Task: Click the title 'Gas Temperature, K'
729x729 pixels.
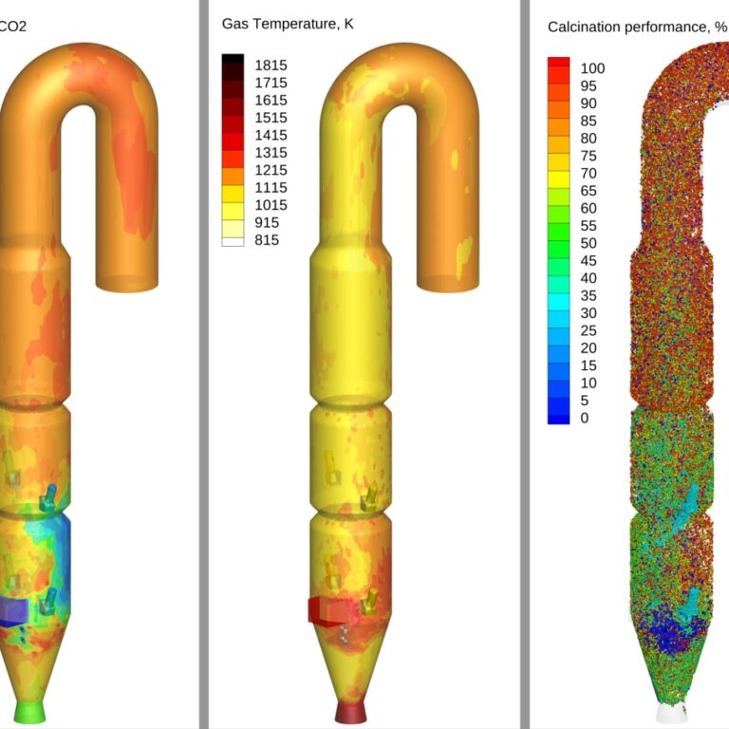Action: (x=288, y=24)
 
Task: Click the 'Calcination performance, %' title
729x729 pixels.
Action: (x=637, y=27)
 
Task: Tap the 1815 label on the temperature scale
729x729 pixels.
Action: (x=271, y=65)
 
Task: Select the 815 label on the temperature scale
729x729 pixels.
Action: (x=267, y=240)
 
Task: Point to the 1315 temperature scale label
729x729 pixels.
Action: (x=271, y=153)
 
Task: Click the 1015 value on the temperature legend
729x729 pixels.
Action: (x=271, y=205)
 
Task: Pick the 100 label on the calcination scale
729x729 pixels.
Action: (x=592, y=68)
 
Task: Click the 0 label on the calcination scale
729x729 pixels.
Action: (x=585, y=418)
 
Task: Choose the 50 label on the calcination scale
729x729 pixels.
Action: (x=589, y=243)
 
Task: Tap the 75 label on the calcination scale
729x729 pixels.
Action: (x=589, y=156)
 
